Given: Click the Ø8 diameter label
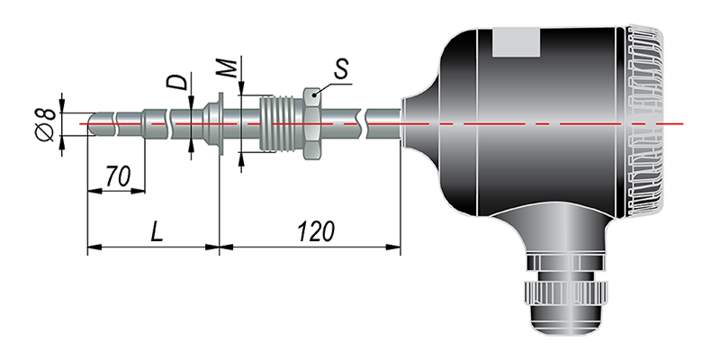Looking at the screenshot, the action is [46, 125].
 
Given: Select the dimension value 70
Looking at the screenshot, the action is [118, 176].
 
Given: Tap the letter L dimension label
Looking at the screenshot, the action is [157, 232].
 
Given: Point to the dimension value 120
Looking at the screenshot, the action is [316, 231].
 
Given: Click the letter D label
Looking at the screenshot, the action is [177, 81].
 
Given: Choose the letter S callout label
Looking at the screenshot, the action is [340, 69].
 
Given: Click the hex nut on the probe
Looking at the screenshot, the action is [311, 124].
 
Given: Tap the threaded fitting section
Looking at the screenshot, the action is [282, 124].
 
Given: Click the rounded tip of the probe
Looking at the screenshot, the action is [92, 124].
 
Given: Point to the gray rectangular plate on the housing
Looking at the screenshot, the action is [516, 41].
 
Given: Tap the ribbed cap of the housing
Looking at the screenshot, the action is [643, 121].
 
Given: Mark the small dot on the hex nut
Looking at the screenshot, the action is [313, 95].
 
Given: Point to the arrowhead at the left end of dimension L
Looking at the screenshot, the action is [94, 247].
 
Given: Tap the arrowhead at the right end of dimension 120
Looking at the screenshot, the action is [393, 247].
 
